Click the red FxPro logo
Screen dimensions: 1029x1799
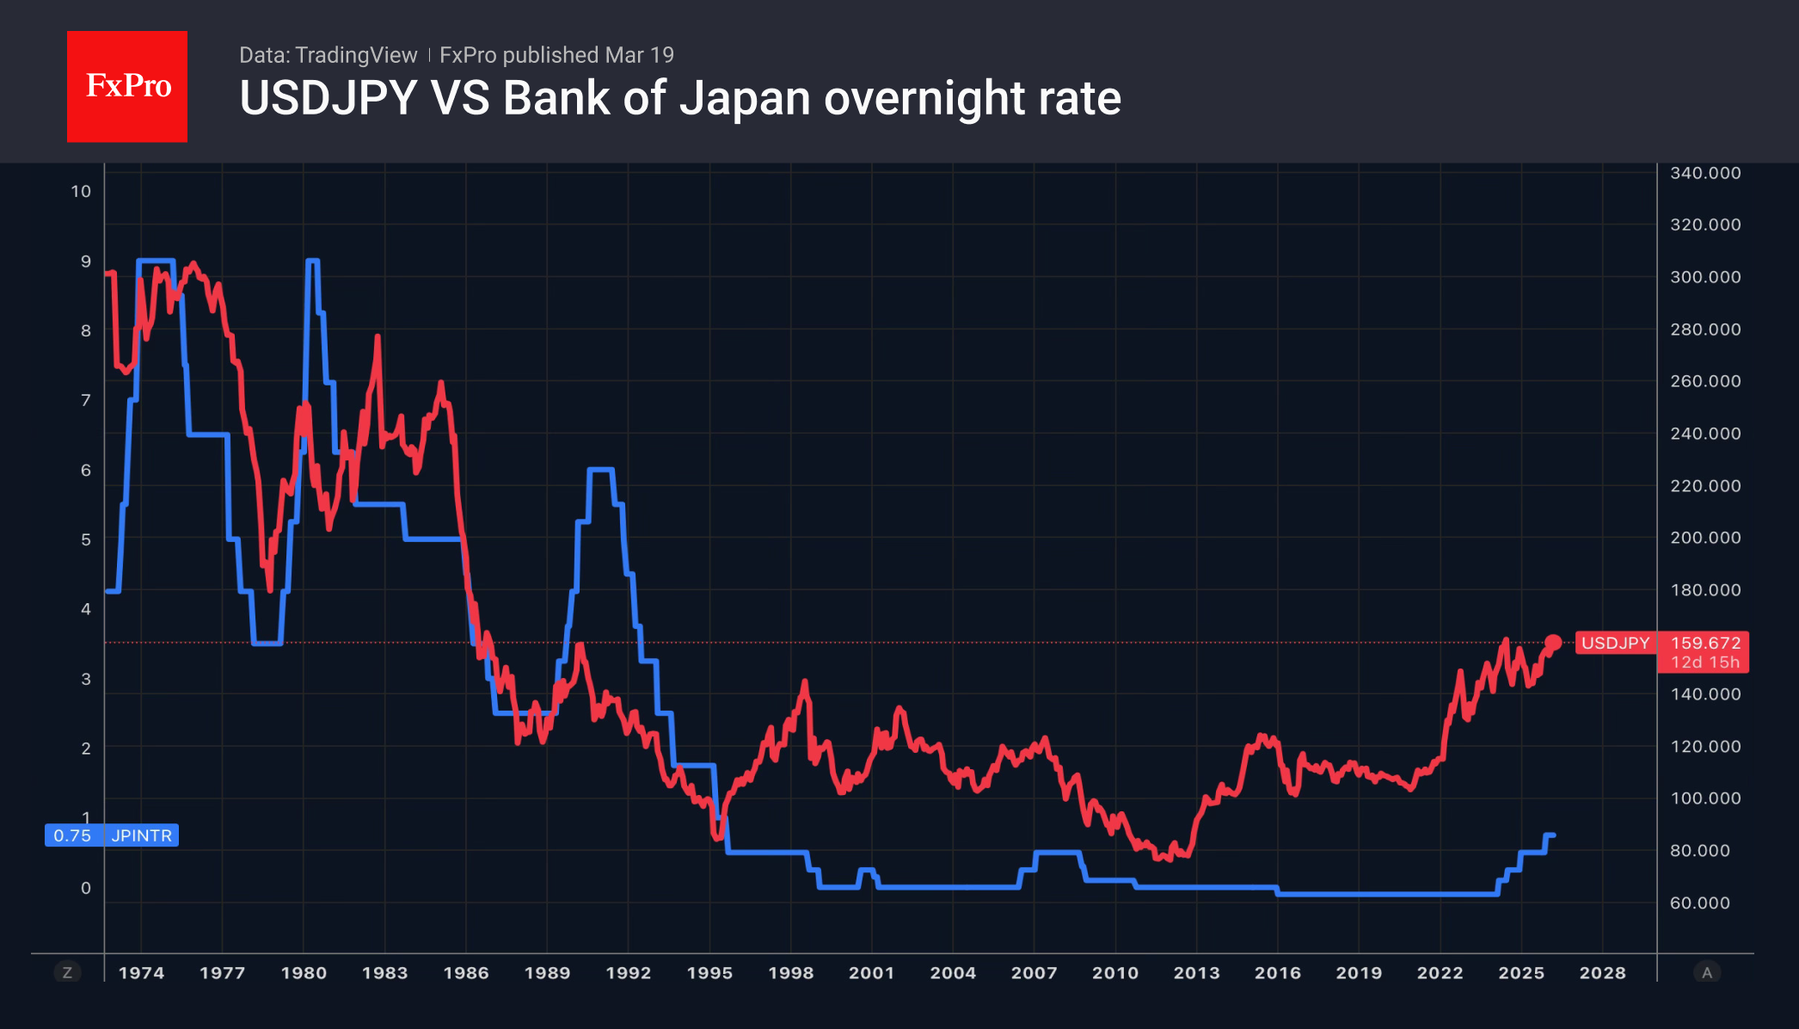click(x=127, y=86)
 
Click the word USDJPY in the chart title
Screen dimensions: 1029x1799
click(x=328, y=98)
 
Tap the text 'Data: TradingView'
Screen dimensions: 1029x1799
click(x=328, y=55)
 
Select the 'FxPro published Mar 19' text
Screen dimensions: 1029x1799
click(x=556, y=55)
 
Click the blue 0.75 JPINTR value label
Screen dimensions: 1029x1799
click(x=112, y=835)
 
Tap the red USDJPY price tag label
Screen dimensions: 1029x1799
click(x=1615, y=643)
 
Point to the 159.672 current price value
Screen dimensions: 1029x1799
click(x=1704, y=643)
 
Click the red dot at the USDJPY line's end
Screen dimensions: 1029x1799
click(x=1553, y=642)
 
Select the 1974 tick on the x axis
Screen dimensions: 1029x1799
click(x=141, y=973)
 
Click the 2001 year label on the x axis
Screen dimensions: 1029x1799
click(x=871, y=973)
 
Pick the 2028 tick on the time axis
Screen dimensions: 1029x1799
click(x=1602, y=973)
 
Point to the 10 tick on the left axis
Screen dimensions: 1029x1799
click(x=81, y=191)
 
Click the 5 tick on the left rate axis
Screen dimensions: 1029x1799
click(x=85, y=539)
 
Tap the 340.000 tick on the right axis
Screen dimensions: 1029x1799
click(x=1704, y=173)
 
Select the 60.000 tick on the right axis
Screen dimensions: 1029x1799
click(x=1699, y=903)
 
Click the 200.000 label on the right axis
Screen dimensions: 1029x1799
click(x=1704, y=538)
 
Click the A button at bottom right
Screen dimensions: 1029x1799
click(x=1707, y=973)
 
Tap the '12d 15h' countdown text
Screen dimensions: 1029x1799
click(x=1704, y=662)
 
